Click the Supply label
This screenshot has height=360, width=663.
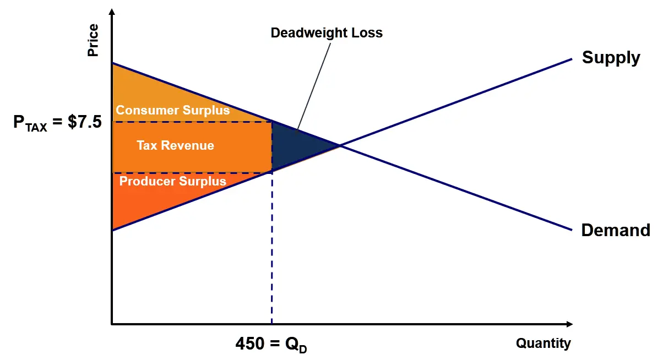pos(611,58)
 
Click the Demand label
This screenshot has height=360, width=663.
pos(615,230)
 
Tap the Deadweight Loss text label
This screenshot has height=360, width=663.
pos(327,33)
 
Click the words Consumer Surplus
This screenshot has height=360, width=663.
pos(172,111)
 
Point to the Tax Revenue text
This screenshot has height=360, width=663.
pos(175,146)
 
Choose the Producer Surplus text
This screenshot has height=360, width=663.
pos(172,181)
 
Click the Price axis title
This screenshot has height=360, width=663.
pos(93,40)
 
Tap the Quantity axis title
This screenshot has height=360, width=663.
pos(543,343)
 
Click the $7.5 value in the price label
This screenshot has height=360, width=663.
pos(85,122)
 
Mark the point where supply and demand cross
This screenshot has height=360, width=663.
pos(339,146)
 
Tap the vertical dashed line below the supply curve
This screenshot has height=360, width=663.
pos(272,248)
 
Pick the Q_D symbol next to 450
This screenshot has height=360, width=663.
pos(293,345)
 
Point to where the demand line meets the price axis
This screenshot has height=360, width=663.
pos(112,63)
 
